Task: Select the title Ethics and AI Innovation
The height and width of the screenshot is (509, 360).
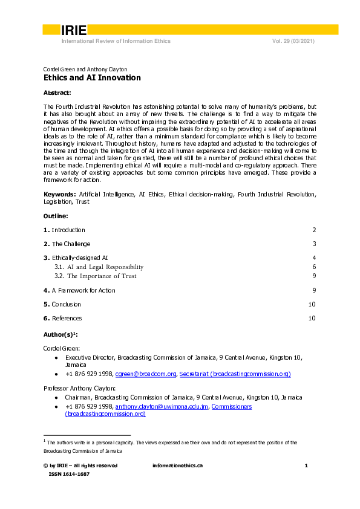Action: (92, 78)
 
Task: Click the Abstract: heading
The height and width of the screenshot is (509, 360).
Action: (57, 92)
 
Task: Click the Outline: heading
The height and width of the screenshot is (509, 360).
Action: (56, 216)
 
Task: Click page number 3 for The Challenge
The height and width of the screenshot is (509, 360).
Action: (314, 244)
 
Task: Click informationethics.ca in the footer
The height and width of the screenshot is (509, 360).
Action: (177, 465)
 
